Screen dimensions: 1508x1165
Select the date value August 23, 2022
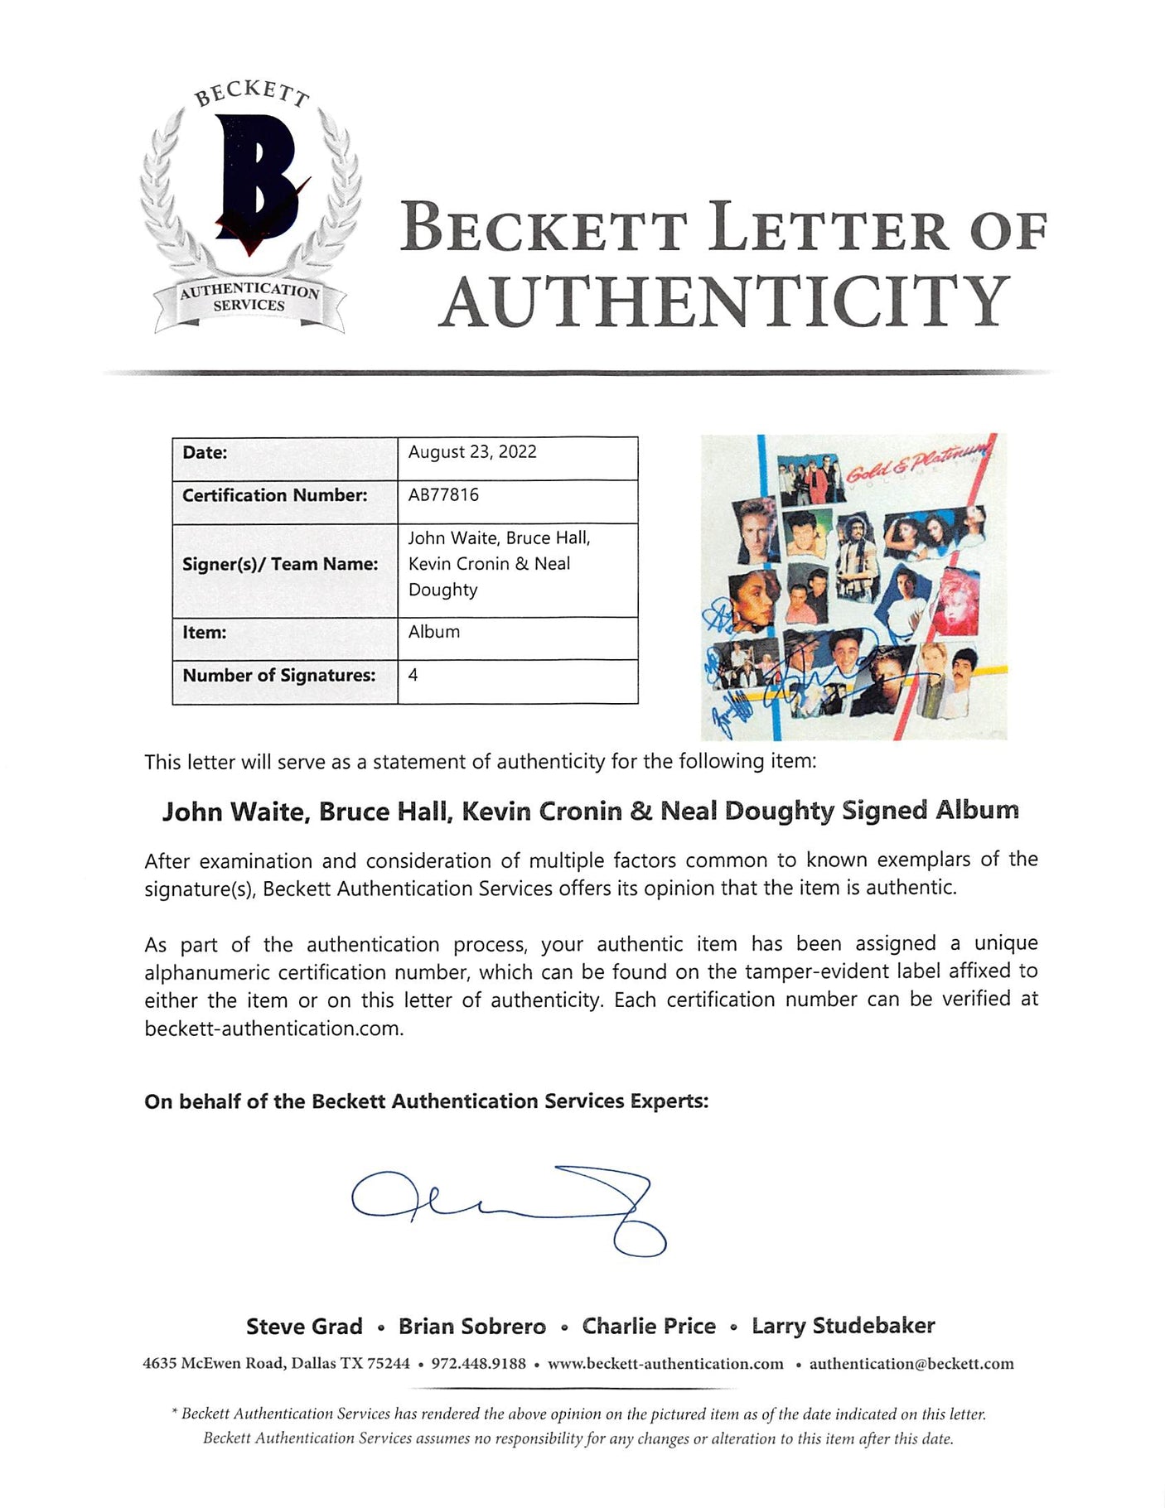pyautogui.click(x=472, y=452)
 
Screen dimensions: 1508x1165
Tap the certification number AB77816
pyautogui.click(x=443, y=495)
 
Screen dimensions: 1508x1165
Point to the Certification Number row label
pyautogui.click(x=274, y=495)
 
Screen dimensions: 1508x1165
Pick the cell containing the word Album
pyautogui.click(x=434, y=632)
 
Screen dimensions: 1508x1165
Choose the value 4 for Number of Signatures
pyautogui.click(x=413, y=675)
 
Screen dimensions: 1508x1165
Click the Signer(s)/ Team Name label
pyautogui.click(x=279, y=564)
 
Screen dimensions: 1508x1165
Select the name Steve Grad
pyautogui.click(x=304, y=1327)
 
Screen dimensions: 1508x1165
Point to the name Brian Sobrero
pyautogui.click(x=472, y=1327)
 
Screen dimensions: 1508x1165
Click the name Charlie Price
pyautogui.click(x=649, y=1327)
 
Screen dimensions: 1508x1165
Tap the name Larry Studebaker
pyautogui.click(x=843, y=1326)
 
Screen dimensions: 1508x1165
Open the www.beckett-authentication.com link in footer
pyautogui.click(x=665, y=1364)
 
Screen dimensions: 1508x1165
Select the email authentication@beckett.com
pyautogui.click(x=911, y=1364)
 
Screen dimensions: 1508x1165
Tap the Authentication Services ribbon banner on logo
pyautogui.click(x=249, y=298)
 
